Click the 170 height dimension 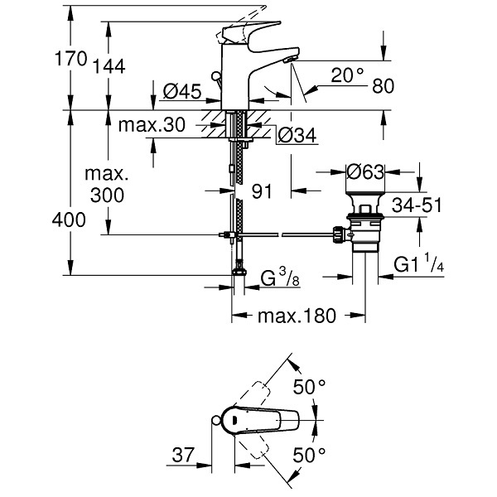tap(70, 59)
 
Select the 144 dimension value tap(109, 66)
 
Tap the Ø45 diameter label tap(182, 91)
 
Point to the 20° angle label tap(347, 75)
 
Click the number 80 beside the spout tap(383, 85)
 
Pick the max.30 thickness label tap(152, 125)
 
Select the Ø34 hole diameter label tap(297, 135)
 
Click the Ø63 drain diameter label tap(365, 172)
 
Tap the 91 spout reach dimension tap(262, 191)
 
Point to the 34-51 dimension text tap(417, 205)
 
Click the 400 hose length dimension tap(69, 220)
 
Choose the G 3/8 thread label tap(280, 277)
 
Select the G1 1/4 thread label tap(418, 263)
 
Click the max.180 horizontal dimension tap(297, 316)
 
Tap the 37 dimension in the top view tap(182, 455)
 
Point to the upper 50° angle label tap(309, 386)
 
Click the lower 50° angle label tap(309, 455)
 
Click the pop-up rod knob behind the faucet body tap(216, 76)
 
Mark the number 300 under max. tap(107, 195)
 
